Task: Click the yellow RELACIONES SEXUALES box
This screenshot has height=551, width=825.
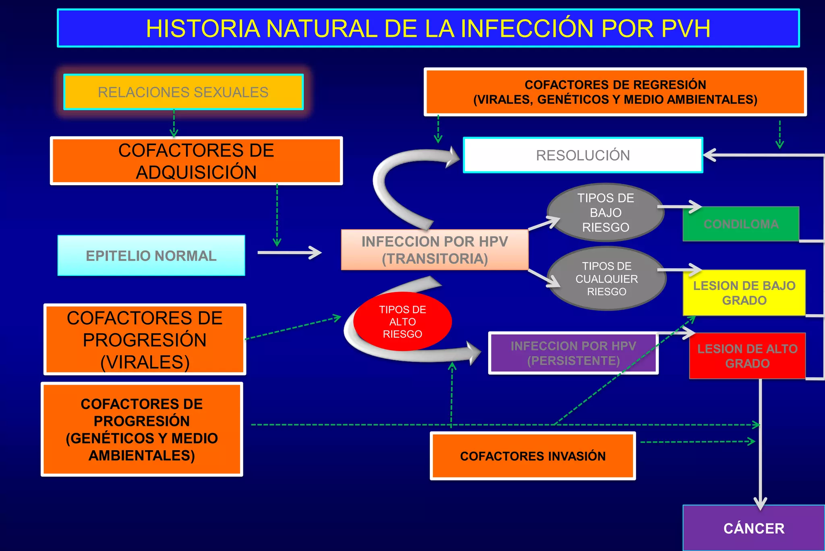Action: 183,92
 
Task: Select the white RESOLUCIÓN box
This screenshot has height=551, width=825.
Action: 582,155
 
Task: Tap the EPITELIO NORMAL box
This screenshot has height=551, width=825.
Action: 151,256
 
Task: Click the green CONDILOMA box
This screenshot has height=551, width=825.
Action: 740,224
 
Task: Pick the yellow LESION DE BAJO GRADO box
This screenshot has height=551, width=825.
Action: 744,293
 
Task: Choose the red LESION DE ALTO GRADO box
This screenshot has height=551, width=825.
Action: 747,356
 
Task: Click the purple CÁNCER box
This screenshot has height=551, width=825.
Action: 753,528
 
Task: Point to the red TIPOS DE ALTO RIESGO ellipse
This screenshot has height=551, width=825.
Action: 402,321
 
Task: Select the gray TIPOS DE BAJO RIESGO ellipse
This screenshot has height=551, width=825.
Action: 605,213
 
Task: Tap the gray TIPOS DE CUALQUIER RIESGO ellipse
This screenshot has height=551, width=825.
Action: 606,279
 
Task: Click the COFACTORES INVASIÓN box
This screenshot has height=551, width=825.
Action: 533,456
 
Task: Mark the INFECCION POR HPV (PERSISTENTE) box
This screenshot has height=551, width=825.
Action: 573,353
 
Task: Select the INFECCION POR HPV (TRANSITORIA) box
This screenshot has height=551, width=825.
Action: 434,250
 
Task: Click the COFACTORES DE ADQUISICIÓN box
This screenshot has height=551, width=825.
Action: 196,161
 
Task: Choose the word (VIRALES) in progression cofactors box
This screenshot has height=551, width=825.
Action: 145,362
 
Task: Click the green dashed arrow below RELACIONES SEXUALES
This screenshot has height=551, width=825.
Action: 174,123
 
